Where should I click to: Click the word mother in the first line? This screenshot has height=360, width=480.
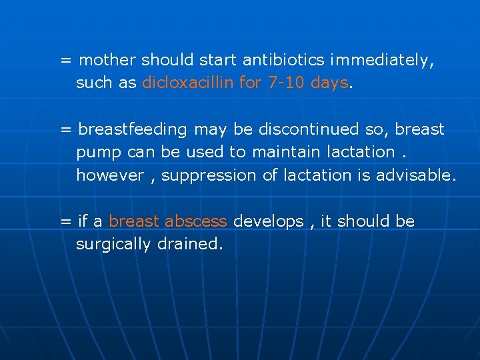coord(107,60)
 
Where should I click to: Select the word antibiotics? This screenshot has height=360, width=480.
coord(283,60)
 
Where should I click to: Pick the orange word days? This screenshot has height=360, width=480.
coord(329,83)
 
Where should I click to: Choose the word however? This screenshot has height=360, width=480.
coord(110,175)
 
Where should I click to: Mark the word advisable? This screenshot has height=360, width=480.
coord(415,175)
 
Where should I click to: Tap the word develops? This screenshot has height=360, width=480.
coord(268,221)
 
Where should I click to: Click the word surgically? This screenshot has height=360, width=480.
coord(113,244)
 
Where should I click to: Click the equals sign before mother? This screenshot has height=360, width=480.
coord(66,61)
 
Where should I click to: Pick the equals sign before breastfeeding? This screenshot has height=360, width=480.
coord(66,129)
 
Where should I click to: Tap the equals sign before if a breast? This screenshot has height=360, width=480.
coord(66,221)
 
